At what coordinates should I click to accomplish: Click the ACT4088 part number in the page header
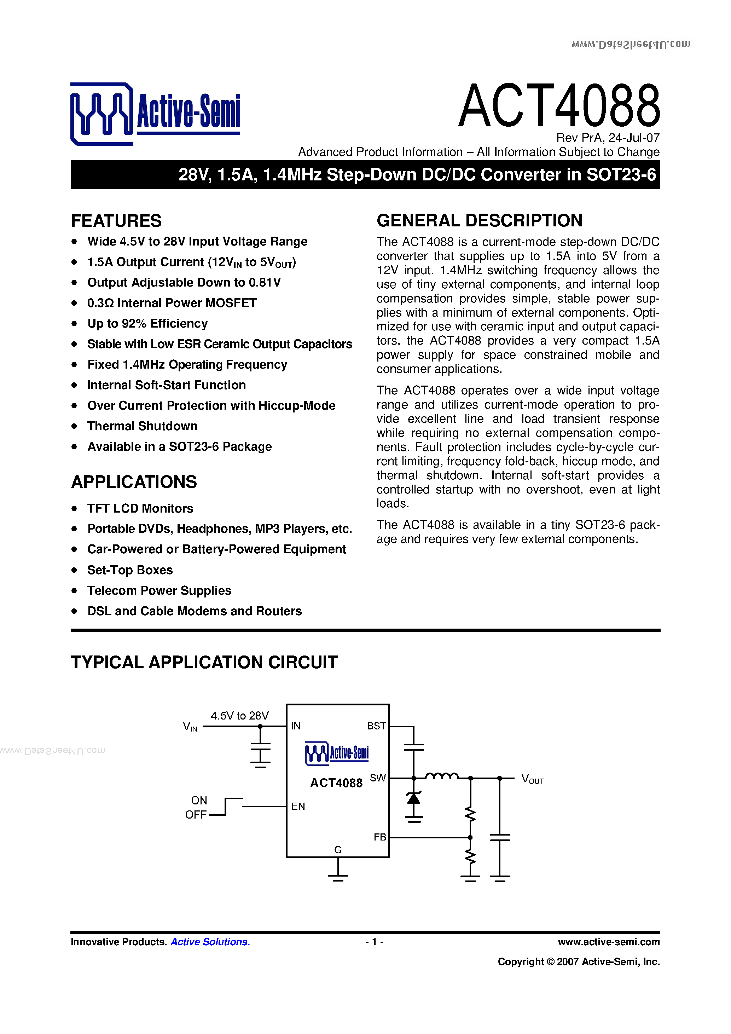(x=559, y=105)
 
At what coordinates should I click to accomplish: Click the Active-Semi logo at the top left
(x=155, y=114)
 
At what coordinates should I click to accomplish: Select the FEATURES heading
(x=116, y=221)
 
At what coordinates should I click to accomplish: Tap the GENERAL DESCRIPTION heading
(x=480, y=221)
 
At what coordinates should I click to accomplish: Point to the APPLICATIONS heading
(x=134, y=482)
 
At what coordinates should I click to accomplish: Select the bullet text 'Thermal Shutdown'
(x=142, y=426)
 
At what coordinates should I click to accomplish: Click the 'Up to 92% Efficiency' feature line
(x=147, y=323)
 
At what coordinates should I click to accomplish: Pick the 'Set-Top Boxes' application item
(x=130, y=570)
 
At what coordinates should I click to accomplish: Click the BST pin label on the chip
(x=376, y=726)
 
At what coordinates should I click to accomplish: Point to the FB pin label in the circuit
(x=380, y=837)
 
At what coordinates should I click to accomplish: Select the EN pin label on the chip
(x=298, y=806)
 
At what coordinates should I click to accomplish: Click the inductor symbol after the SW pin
(x=442, y=775)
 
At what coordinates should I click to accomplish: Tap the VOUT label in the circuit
(x=532, y=779)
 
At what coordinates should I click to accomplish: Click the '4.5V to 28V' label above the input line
(x=239, y=716)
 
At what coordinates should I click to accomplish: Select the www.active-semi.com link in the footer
(x=609, y=942)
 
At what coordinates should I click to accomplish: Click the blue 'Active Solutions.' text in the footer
(x=210, y=942)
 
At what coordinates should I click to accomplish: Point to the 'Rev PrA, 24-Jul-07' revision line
(x=608, y=138)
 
